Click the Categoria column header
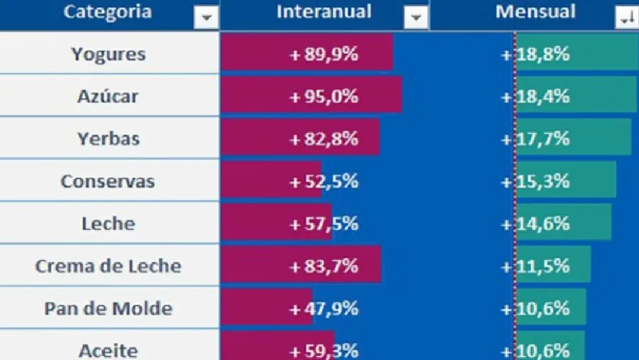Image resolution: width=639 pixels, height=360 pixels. click(x=107, y=12)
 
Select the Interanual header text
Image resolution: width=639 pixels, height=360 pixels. click(x=324, y=12)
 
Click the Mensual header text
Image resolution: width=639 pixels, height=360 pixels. click(x=535, y=12)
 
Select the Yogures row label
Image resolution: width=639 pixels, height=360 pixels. click(x=109, y=54)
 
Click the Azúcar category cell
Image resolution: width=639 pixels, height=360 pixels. click(x=109, y=97)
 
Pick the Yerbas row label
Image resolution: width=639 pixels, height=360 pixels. click(x=109, y=138)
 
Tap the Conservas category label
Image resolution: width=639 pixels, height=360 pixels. click(x=108, y=181)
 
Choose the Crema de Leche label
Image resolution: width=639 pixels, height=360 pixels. click(x=109, y=266)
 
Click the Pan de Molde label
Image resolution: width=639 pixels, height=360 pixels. click(x=109, y=309)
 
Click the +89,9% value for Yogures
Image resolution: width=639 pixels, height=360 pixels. click(x=324, y=54)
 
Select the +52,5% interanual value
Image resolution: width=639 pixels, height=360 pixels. click(x=324, y=181)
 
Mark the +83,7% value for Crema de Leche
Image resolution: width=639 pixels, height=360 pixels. click(x=324, y=266)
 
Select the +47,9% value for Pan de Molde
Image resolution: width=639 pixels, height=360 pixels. click(x=324, y=309)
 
